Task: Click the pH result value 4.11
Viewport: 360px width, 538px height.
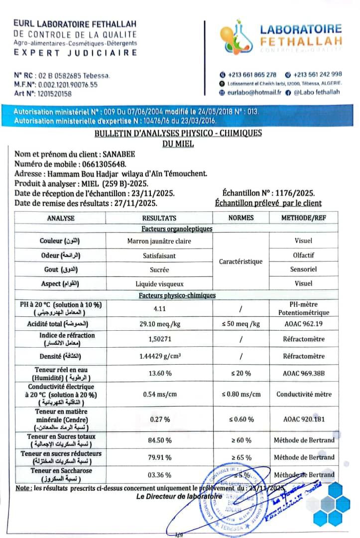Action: click(159, 309)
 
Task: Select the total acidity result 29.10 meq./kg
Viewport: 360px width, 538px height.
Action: click(159, 324)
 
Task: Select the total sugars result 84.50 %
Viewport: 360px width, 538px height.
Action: click(161, 440)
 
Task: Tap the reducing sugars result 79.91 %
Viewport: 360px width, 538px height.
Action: click(161, 457)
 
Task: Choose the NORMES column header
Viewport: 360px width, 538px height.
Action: click(241, 218)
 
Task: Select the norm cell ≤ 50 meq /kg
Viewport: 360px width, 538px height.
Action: click(241, 324)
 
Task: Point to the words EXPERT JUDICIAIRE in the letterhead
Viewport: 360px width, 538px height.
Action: click(75, 52)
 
